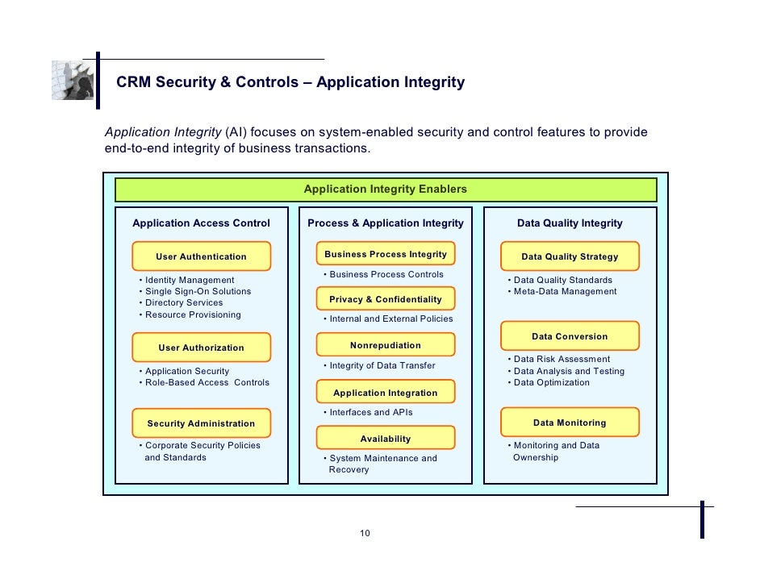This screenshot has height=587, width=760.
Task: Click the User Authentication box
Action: click(x=201, y=256)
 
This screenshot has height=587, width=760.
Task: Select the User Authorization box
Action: click(x=201, y=348)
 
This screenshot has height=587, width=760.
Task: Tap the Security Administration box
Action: click(x=201, y=423)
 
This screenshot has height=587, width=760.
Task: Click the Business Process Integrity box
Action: click(x=385, y=254)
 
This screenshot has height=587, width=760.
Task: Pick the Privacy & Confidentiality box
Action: click(x=385, y=299)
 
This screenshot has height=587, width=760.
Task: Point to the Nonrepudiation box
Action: click(x=385, y=345)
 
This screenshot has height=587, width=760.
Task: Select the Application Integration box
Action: click(x=385, y=393)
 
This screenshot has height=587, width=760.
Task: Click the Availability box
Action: click(x=385, y=439)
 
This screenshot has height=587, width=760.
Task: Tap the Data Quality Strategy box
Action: click(x=570, y=256)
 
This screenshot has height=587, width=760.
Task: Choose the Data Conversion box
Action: click(x=570, y=336)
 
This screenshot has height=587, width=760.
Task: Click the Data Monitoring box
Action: click(x=570, y=423)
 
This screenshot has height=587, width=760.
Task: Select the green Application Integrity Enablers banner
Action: click(x=385, y=189)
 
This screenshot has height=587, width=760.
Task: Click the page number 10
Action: click(x=365, y=533)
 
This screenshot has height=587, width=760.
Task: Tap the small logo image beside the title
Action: click(x=73, y=80)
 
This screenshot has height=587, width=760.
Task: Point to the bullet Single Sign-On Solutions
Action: click(x=198, y=291)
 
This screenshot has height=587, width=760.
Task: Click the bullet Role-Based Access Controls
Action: click(x=207, y=382)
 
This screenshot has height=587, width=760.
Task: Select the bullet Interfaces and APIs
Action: click(x=370, y=412)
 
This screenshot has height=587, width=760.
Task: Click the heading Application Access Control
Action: click(x=201, y=223)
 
